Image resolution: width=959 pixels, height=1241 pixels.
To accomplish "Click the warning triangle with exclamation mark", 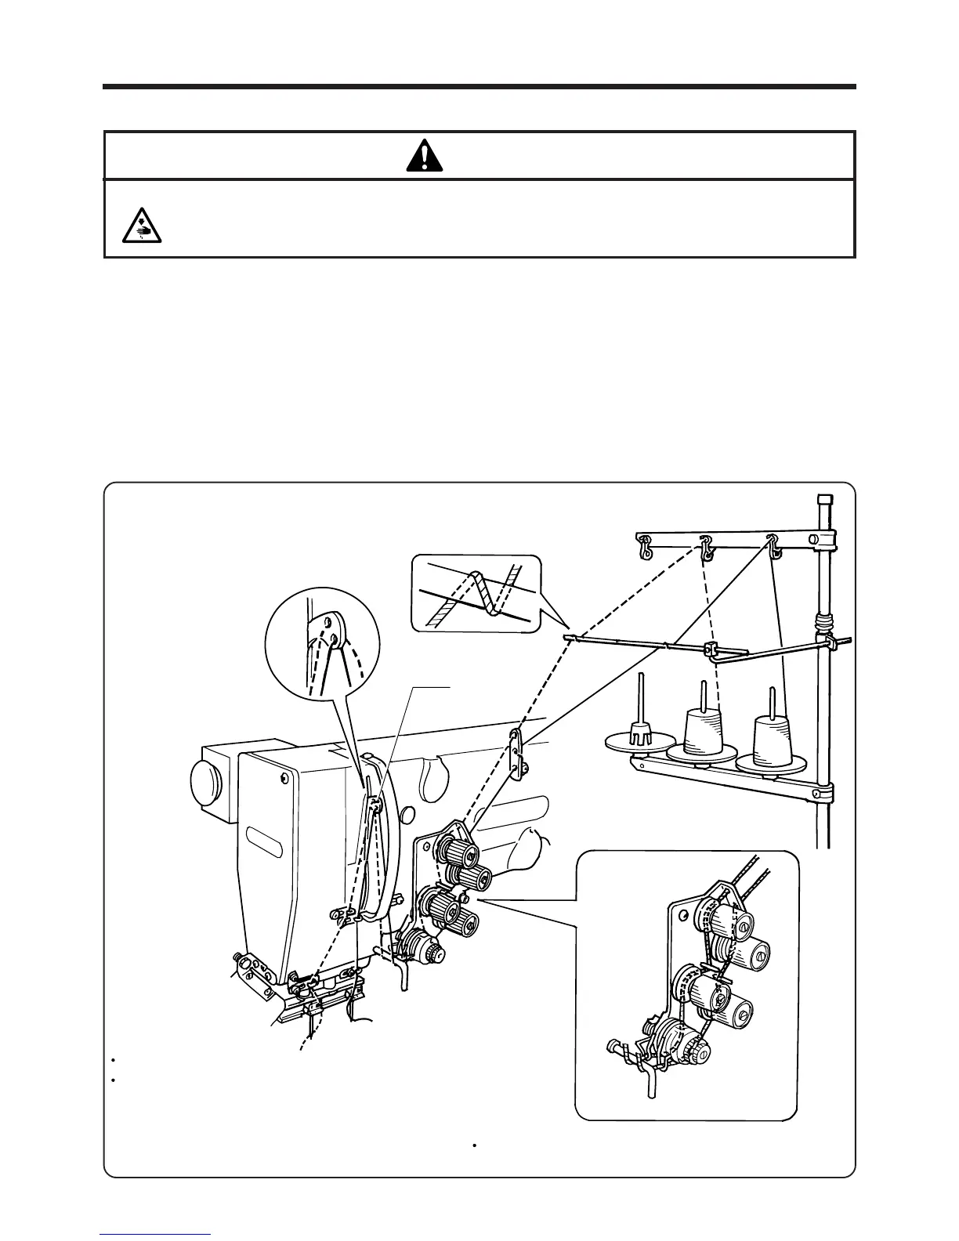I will click(425, 156).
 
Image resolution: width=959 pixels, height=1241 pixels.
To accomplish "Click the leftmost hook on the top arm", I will click(644, 547).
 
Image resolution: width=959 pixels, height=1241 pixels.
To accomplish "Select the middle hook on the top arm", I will click(707, 548).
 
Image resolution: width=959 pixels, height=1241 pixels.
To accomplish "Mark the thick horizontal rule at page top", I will click(479, 87).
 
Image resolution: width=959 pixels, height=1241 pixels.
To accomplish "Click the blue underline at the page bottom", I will click(155, 1235).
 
